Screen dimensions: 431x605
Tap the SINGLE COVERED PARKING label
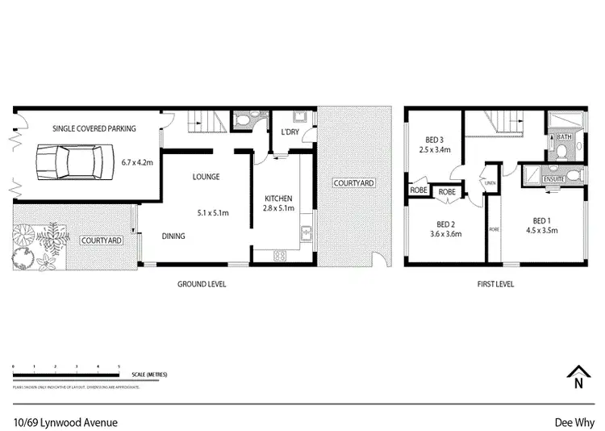94,128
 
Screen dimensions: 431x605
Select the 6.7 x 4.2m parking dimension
137,162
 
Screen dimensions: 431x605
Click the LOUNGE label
206,177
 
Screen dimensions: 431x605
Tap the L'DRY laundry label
290,132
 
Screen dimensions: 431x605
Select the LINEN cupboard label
490,183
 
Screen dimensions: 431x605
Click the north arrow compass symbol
577,377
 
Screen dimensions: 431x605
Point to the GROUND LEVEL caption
202,284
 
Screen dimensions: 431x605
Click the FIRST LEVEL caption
495,284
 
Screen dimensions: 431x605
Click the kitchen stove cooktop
280,256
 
